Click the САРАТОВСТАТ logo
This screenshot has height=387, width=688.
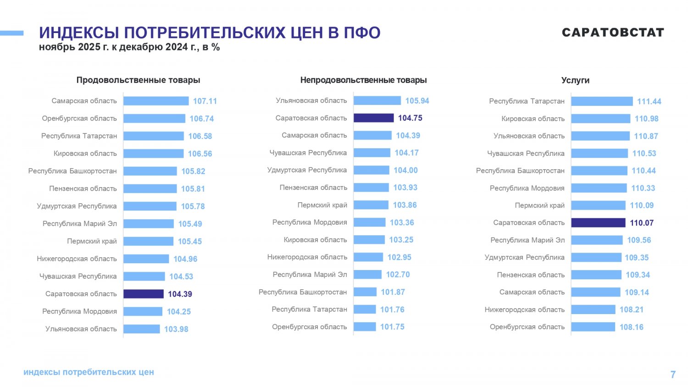613,33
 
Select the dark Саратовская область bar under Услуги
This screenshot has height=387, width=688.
598,223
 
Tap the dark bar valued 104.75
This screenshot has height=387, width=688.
373,118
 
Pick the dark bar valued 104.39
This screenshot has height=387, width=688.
143,294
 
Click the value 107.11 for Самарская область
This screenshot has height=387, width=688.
205,101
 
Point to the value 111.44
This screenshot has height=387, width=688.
649,101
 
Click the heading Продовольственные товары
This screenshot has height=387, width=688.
138,80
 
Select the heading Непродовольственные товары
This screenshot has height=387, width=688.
363,80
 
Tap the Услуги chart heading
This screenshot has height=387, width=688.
575,80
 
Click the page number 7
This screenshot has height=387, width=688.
673,375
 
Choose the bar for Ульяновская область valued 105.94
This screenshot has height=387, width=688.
377,100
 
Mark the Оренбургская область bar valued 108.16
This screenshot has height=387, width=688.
593,327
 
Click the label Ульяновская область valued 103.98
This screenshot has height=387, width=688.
81,329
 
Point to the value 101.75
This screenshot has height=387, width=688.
392,327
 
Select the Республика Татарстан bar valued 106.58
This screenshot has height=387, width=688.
154,136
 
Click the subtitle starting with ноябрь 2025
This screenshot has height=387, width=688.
129,47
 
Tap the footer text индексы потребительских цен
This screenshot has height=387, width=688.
89,372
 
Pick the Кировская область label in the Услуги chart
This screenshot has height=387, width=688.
533,119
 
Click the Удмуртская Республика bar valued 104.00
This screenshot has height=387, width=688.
371,170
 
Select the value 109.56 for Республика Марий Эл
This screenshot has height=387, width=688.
639,240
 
